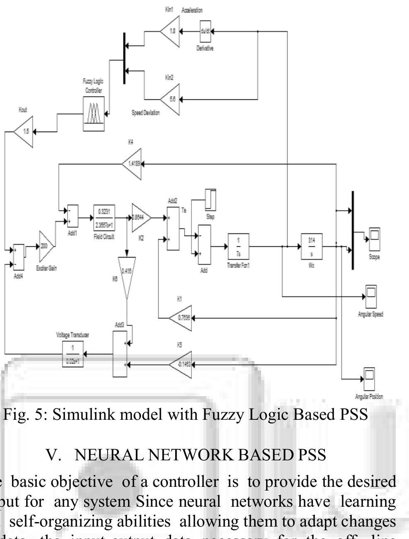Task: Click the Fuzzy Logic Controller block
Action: click(93, 114)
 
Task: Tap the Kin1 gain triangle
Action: click(172, 31)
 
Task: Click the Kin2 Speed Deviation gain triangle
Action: click(172, 100)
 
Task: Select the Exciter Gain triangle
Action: click(46, 245)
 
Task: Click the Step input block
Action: click(210, 200)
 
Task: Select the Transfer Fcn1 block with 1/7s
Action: click(238, 247)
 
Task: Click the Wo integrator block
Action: click(312, 247)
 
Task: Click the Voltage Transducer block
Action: click(73, 354)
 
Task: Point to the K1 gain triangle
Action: click(182, 318)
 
